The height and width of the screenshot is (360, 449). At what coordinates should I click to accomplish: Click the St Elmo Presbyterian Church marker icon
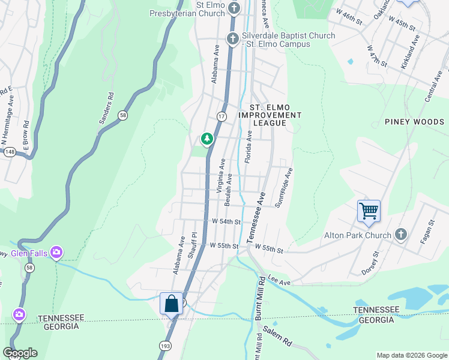(234, 8)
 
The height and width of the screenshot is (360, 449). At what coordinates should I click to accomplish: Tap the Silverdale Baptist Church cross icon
(233, 39)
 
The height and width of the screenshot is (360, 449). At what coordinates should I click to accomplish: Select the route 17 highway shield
(221, 116)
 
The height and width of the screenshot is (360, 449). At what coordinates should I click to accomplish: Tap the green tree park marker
(207, 139)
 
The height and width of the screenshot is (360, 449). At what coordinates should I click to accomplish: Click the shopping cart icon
(369, 211)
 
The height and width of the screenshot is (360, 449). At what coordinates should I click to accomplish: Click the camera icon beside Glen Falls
(56, 253)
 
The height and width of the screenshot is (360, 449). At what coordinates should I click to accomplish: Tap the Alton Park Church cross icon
(401, 235)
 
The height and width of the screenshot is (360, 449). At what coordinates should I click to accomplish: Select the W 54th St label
(226, 221)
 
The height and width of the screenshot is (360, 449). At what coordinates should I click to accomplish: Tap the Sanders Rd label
(106, 108)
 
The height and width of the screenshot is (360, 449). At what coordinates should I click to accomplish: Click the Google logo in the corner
(20, 353)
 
